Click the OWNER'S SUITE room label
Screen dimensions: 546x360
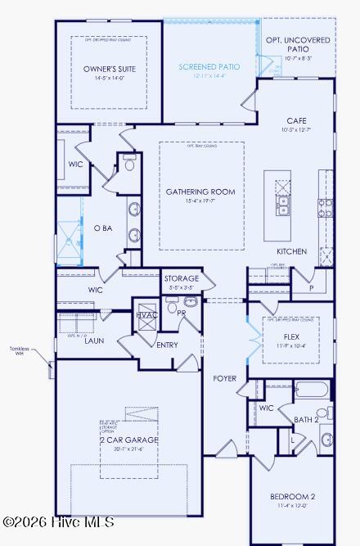pyautogui.click(x=103, y=70)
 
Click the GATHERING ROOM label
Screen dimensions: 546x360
pyautogui.click(x=200, y=192)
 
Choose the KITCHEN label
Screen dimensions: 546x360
pyautogui.click(x=291, y=251)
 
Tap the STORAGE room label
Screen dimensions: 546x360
pyautogui.click(x=181, y=279)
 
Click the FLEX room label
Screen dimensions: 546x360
pyautogui.click(x=291, y=336)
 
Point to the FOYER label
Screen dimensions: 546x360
pyautogui.click(x=225, y=379)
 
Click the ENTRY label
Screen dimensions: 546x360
pyautogui.click(x=167, y=345)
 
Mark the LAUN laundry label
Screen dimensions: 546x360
pyautogui.click(x=94, y=341)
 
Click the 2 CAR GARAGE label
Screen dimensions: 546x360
pyautogui.click(x=129, y=440)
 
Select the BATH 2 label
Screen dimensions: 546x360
pyautogui.click(x=306, y=419)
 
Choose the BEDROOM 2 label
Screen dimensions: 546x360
pyautogui.click(x=292, y=496)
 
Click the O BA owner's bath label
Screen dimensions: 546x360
pyautogui.click(x=102, y=228)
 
